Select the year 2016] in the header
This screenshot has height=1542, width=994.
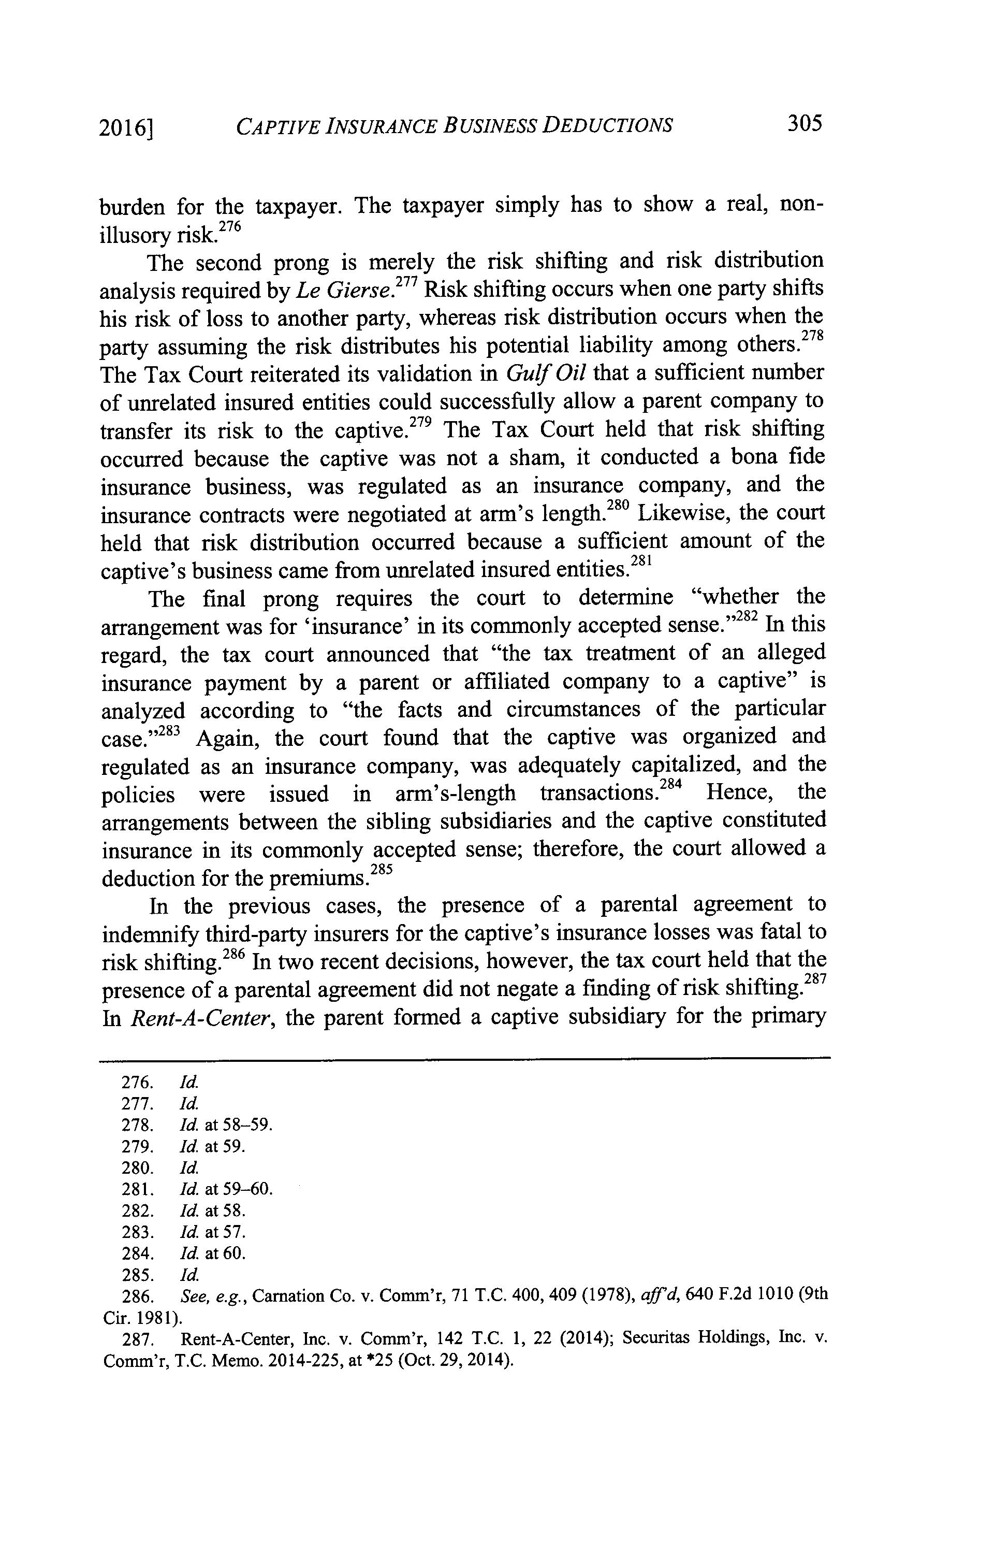(x=128, y=128)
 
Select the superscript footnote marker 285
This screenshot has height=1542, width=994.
(x=383, y=870)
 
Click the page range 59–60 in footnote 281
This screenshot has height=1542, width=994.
(x=248, y=1189)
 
